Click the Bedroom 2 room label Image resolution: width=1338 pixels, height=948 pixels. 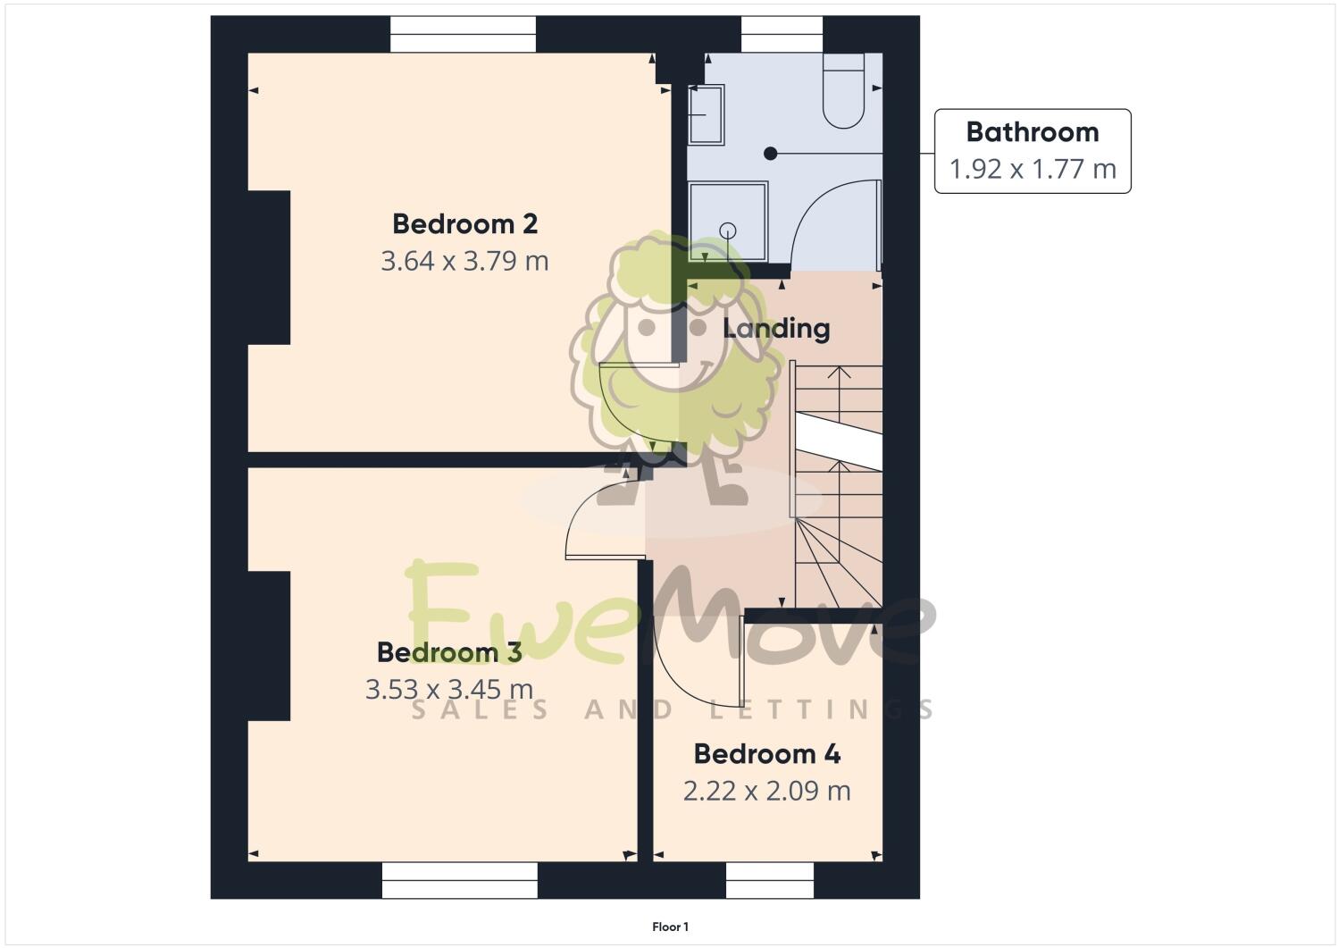(x=464, y=223)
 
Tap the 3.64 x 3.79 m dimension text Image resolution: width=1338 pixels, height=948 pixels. (x=464, y=261)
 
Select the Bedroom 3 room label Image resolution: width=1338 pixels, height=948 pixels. (x=449, y=652)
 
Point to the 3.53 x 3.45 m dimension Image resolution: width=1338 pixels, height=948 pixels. (x=449, y=690)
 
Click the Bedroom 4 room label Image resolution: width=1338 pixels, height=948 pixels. (x=767, y=754)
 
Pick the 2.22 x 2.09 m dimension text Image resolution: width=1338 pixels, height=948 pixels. (x=767, y=791)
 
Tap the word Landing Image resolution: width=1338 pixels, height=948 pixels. (x=776, y=328)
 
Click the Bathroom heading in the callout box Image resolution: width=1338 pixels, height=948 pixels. (x=1033, y=132)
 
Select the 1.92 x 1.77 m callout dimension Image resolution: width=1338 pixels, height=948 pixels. (x=1033, y=169)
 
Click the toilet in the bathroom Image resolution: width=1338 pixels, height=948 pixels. (x=843, y=92)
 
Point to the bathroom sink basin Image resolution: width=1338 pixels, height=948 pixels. (x=707, y=114)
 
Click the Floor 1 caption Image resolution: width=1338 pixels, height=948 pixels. (x=670, y=927)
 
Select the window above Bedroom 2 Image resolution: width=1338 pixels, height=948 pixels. (x=464, y=35)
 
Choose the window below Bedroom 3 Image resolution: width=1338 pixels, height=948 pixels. (x=460, y=880)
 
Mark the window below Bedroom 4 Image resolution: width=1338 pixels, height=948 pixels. (x=770, y=880)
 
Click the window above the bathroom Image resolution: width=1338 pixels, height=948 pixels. (x=782, y=35)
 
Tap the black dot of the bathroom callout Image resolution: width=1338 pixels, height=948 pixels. (x=770, y=154)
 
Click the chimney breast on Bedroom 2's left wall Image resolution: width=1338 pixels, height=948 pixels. (x=269, y=267)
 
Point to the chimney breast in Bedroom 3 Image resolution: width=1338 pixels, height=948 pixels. (x=269, y=646)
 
